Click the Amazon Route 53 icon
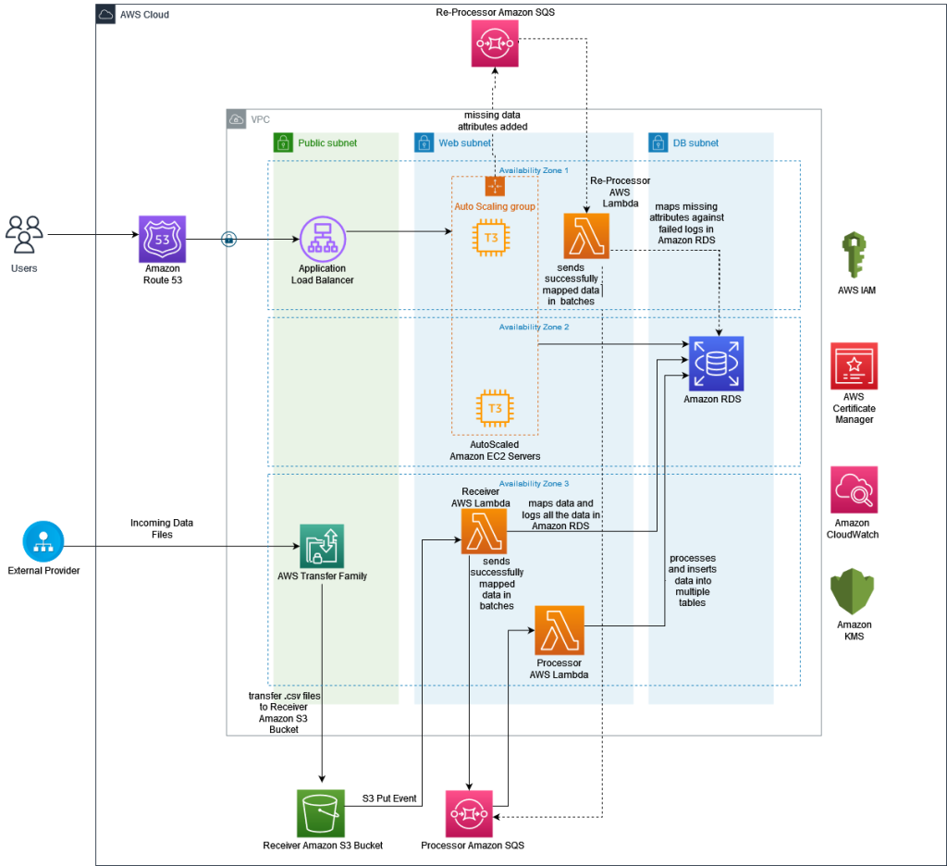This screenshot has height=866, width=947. pyautogui.click(x=162, y=240)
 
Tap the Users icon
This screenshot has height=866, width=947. pyautogui.click(x=24, y=234)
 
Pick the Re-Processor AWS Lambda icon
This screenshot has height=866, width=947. pyautogui.click(x=587, y=236)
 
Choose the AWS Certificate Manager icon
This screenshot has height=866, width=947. pyautogui.click(x=854, y=366)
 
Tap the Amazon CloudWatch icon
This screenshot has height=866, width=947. pyautogui.click(x=854, y=489)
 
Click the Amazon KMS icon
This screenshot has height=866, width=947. pyautogui.click(x=854, y=592)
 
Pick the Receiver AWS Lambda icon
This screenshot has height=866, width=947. pyautogui.click(x=485, y=531)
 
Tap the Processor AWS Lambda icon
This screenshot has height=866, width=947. pyautogui.click(x=559, y=629)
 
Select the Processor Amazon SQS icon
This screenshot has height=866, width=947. pyautogui.click(x=470, y=811)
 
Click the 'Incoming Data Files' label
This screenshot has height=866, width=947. pyautogui.click(x=162, y=528)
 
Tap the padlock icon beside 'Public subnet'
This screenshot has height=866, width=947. pyautogui.click(x=283, y=143)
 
